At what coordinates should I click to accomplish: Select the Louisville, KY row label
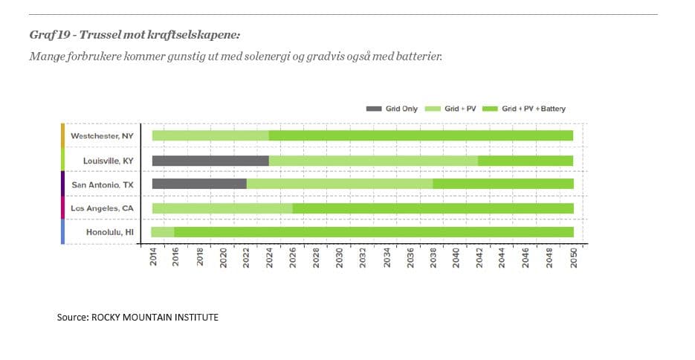[x=103, y=161]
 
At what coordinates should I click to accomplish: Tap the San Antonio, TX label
[x=102, y=184]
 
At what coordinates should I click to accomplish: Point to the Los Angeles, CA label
[x=102, y=208]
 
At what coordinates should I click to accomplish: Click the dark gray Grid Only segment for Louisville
[x=210, y=161]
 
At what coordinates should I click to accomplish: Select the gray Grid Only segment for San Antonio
[x=199, y=184]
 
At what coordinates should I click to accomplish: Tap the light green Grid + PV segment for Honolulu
[x=163, y=232]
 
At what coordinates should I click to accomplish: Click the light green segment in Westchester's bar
[x=210, y=135]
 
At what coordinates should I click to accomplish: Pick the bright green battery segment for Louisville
[x=525, y=161]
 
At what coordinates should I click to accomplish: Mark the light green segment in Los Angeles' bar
[x=222, y=208]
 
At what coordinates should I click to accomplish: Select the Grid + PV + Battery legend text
[x=534, y=109]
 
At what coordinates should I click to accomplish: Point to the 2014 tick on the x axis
[x=153, y=259]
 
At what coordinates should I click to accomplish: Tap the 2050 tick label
[x=574, y=259]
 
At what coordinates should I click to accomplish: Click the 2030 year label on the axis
[x=340, y=259]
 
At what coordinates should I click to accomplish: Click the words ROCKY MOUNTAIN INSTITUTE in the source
[x=155, y=317]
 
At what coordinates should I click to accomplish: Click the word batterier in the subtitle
[x=419, y=56]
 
